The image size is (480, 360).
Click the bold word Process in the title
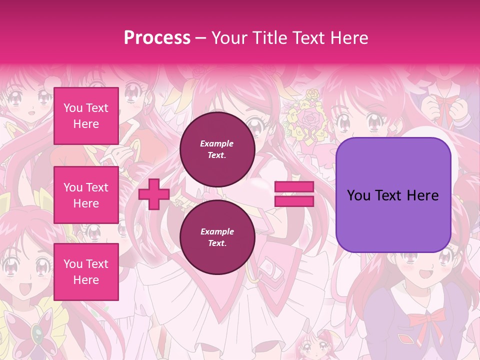157,38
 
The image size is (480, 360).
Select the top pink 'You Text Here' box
86,116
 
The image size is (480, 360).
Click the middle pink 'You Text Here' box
86,195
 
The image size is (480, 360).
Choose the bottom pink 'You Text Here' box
86,271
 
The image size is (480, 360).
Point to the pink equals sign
294,194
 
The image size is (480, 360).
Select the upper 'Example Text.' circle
217,149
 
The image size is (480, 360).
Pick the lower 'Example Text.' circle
217,237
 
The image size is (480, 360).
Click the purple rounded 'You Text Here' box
393,195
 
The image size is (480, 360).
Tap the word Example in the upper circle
217,144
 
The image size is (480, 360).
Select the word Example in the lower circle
217,232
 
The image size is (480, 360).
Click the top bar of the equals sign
294,187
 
